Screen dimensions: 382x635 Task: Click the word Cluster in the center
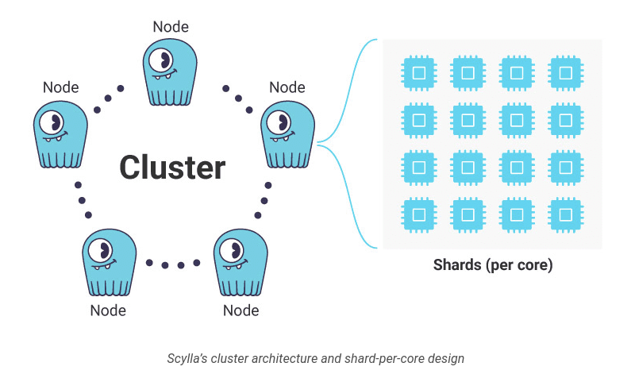(172, 168)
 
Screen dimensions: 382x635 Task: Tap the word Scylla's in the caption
(188, 358)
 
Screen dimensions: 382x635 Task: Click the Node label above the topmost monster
(171, 26)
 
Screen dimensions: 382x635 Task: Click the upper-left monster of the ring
(60, 133)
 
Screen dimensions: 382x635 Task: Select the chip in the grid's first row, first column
(418, 72)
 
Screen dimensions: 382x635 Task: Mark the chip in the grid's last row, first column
(418, 214)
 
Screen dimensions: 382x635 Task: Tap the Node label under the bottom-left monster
(108, 310)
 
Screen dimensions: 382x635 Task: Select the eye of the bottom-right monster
(233, 250)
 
